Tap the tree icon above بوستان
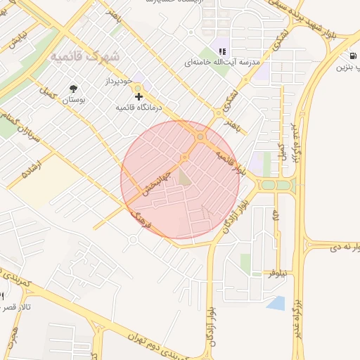tap(73, 88)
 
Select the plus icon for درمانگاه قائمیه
tap(139, 96)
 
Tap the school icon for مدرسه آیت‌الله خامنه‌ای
tap(223, 51)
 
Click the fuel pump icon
tap(351, 56)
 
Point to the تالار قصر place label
tap(15, 307)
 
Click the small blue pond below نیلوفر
tap(276, 303)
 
